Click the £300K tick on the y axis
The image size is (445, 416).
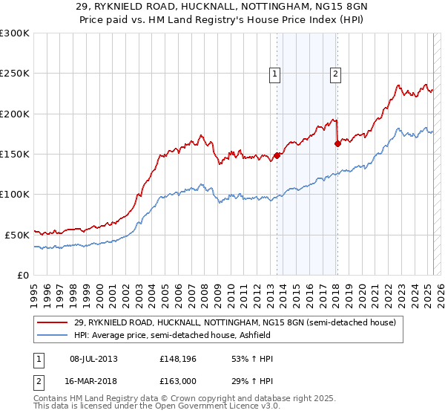pyautogui.click(x=15, y=33)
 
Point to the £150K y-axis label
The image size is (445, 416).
pyautogui.click(x=15, y=154)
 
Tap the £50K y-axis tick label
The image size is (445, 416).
pyautogui.click(x=17, y=234)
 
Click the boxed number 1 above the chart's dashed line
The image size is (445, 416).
pyautogui.click(x=274, y=74)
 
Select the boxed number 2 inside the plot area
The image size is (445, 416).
pyautogui.click(x=335, y=74)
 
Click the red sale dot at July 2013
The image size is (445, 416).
pyautogui.click(x=277, y=155)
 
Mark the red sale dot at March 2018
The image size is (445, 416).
pyautogui.click(x=337, y=143)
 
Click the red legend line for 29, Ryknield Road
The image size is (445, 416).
pyautogui.click(x=53, y=322)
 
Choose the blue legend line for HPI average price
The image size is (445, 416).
pyautogui.click(x=53, y=335)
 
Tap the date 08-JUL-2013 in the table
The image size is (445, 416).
pyautogui.click(x=93, y=359)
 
